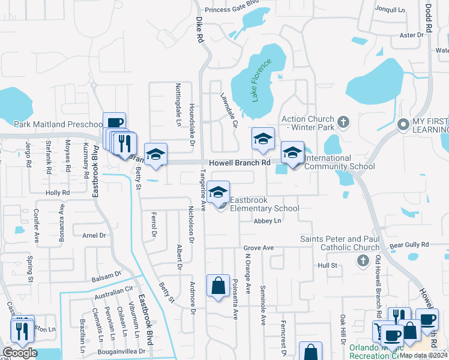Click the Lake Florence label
pos(262,79)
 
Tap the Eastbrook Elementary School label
pos(265,204)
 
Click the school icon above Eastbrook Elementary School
pos(219,191)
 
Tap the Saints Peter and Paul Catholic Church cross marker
pos(362,260)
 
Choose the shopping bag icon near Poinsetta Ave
pos(218,286)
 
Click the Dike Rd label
pos(200,29)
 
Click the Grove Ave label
pos(258,248)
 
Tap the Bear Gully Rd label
pos(409,245)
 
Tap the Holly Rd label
pos(58,193)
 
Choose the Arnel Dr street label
pos(94,236)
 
